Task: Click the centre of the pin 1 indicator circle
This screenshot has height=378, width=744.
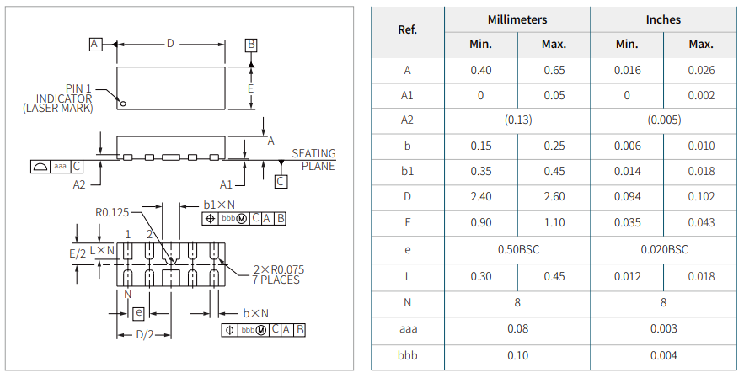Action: click(x=123, y=104)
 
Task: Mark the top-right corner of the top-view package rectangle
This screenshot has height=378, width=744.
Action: click(x=225, y=67)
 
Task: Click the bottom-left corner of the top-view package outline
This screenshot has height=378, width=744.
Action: click(x=117, y=109)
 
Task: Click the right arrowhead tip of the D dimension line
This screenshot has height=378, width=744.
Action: click(x=225, y=45)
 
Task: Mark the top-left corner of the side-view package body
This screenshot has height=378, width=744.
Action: click(x=117, y=136)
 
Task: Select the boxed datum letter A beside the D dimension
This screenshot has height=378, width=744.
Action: click(x=95, y=44)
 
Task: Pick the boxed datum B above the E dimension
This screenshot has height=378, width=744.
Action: click(x=251, y=45)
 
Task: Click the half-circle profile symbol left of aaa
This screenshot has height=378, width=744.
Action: click(x=39, y=167)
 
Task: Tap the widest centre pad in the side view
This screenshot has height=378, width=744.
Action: click(x=171, y=157)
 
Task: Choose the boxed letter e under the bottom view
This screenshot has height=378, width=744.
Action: click(x=138, y=313)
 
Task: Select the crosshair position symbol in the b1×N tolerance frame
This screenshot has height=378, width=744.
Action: click(x=210, y=219)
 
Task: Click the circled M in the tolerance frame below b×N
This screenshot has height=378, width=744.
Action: click(x=261, y=330)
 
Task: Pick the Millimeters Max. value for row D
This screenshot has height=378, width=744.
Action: click(x=554, y=196)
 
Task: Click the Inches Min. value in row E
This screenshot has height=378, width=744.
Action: click(x=627, y=222)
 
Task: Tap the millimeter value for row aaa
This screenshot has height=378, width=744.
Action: click(x=517, y=328)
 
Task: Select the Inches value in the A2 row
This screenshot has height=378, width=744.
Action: click(x=664, y=120)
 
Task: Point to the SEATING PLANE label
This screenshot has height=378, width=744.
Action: click(x=314, y=160)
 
